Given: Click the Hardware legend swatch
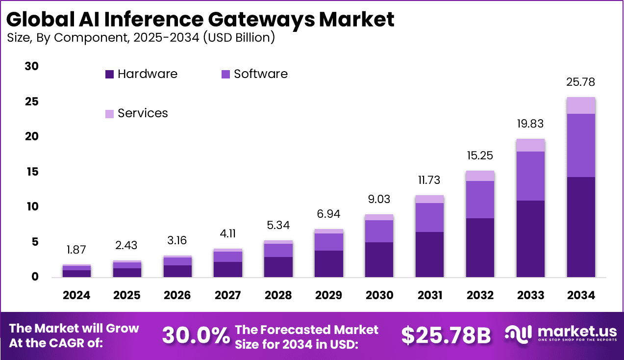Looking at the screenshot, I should point(109,75).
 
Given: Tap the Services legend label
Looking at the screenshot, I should point(143,113).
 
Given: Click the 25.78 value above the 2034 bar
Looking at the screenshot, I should point(580,82).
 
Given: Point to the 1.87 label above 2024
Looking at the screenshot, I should point(76,250).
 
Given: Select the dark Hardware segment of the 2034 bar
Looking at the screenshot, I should point(580,227).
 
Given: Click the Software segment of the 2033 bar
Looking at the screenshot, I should point(530,176).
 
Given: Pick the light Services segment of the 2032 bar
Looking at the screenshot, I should point(480,176).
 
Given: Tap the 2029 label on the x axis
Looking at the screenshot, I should point(328,295).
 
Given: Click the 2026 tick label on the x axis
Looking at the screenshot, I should point(177,295).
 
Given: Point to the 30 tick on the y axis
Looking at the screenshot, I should point(31,66).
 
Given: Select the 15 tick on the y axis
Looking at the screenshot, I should point(31,172).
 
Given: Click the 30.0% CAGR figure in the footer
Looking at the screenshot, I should point(196,335).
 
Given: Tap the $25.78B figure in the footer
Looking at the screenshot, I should point(446,335).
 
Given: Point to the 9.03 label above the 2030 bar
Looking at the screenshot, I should point(379,199).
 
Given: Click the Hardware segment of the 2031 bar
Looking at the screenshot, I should point(429,254).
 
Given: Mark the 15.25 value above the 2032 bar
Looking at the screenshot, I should point(480,155).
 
